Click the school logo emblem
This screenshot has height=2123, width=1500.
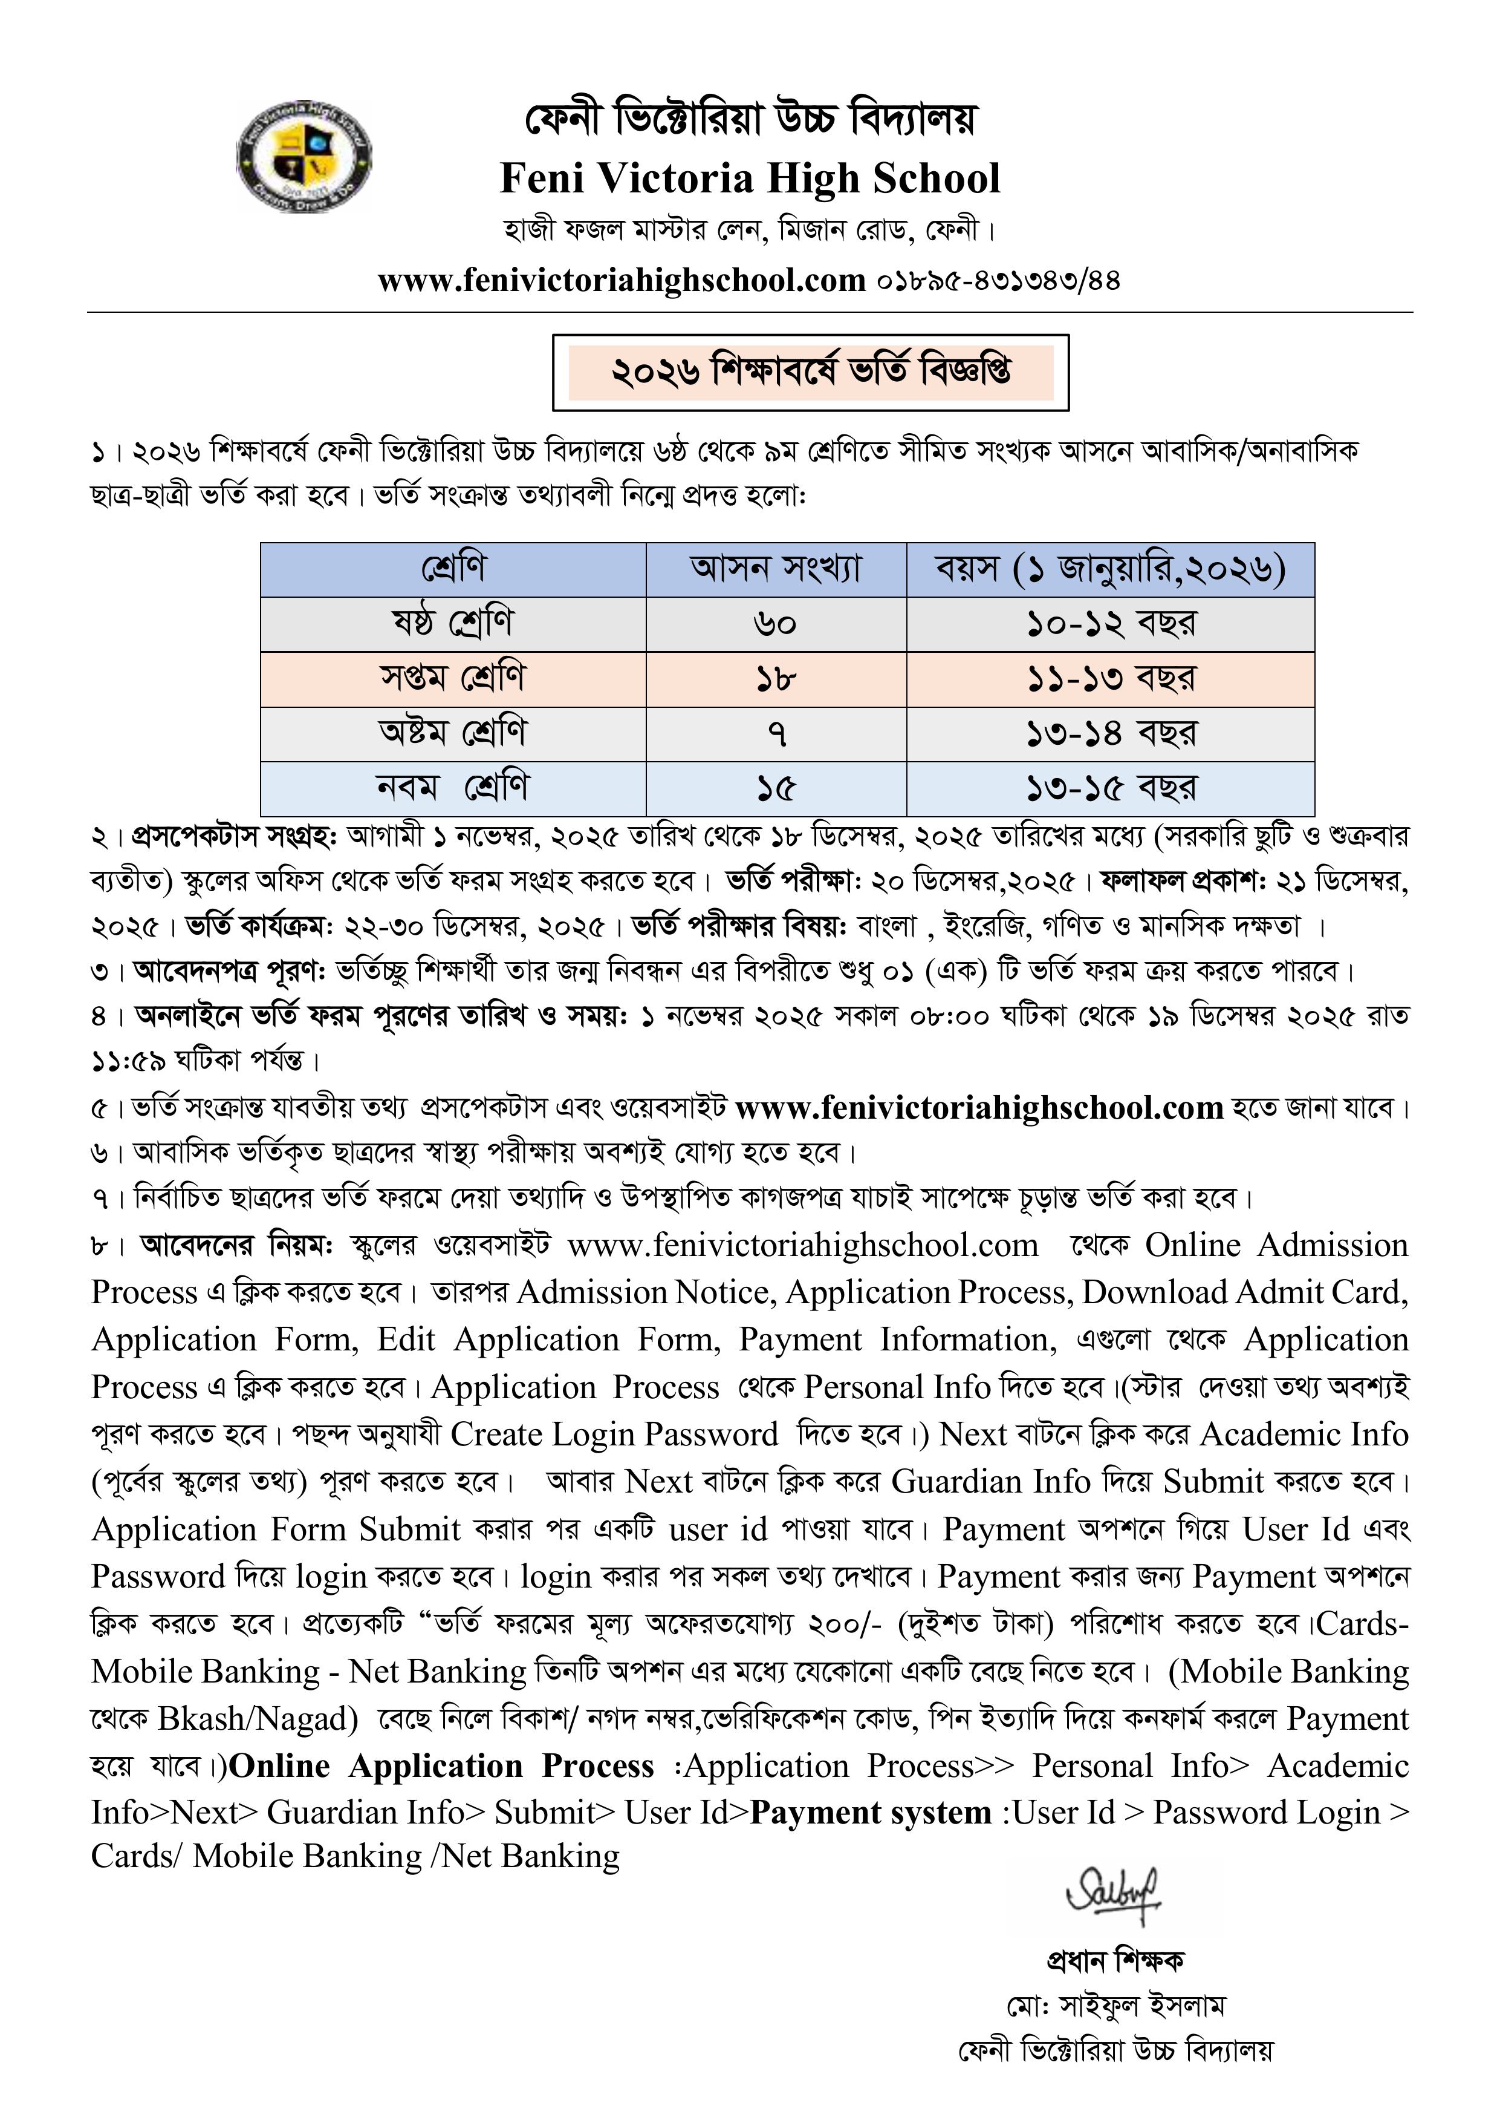[304, 156]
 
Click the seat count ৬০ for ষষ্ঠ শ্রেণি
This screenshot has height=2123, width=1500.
[776, 624]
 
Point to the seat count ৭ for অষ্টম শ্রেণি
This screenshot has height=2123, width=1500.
[776, 734]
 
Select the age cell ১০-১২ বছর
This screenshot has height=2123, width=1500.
[1110, 624]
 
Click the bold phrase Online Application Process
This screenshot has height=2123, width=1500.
[442, 1766]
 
